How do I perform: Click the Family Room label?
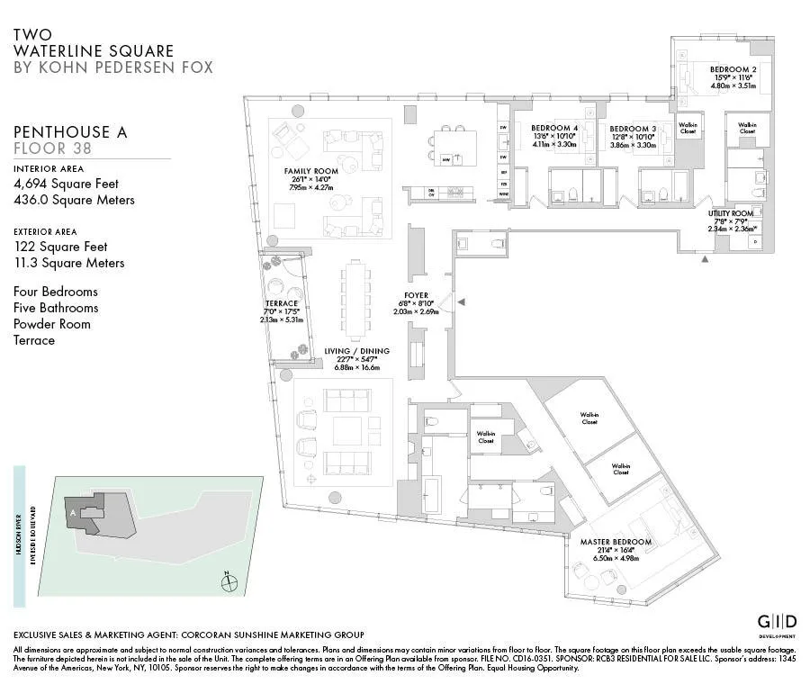click(x=310, y=171)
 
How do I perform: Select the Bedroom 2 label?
click(x=733, y=69)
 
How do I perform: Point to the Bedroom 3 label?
click(x=633, y=128)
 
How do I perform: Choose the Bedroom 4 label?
click(x=553, y=128)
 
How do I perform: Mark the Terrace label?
click(x=281, y=303)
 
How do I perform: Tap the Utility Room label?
click(x=730, y=212)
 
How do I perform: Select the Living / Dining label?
click(x=358, y=351)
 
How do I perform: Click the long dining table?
click(x=355, y=296)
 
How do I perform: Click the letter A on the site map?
click(x=72, y=511)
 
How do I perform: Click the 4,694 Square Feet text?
click(x=66, y=184)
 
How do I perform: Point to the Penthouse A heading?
click(x=70, y=132)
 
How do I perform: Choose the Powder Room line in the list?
click(x=52, y=324)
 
